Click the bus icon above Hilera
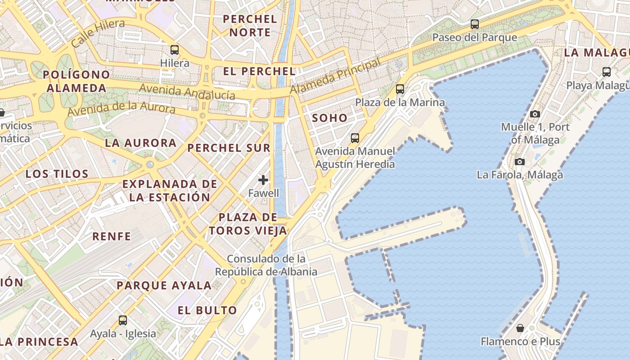175,50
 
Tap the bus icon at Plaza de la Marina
400,89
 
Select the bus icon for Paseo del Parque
475,24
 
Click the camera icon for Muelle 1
535,114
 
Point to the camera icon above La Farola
520,162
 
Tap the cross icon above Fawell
263,180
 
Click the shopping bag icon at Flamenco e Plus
520,328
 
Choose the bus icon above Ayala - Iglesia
123,320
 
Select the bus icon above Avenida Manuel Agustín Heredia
355,138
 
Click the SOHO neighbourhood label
330,118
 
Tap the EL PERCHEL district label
260,71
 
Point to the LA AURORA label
140,143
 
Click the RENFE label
112,236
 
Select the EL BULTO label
207,310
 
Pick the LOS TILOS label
57,174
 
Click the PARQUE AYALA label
164,285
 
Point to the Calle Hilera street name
98,33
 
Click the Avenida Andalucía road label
187,91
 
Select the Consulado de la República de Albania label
266,265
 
